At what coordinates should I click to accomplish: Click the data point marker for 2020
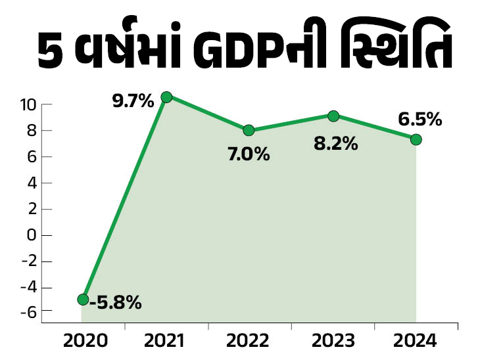tap(83, 300)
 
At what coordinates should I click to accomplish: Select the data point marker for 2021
tap(166, 97)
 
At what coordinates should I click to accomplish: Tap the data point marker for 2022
tap(249, 130)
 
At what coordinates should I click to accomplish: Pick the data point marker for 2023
tap(333, 116)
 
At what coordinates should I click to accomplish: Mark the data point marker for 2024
tap(416, 139)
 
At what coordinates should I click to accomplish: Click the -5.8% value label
tap(116, 304)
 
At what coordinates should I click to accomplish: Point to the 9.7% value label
tap(133, 101)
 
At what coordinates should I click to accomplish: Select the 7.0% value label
tap(249, 155)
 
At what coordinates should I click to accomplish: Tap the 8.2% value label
tap(335, 144)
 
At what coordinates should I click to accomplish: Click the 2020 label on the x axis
tap(83, 341)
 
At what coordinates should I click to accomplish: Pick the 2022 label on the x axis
tap(249, 341)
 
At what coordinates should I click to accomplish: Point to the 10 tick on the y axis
tap(27, 104)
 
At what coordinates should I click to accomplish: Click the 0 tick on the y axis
tap(30, 235)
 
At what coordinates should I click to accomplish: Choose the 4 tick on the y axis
tap(30, 183)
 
